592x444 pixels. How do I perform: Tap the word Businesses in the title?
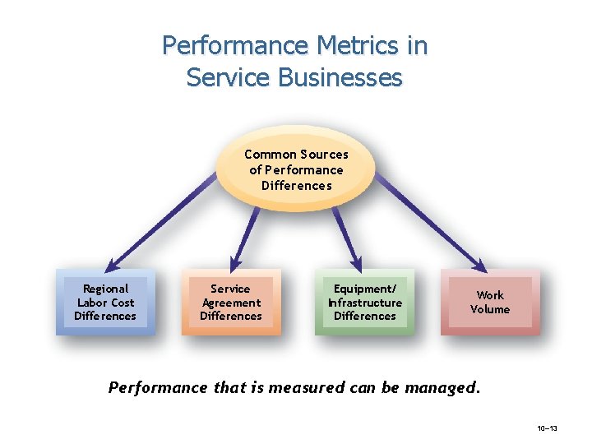click(341, 77)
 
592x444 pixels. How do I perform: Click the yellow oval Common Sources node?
click(296, 169)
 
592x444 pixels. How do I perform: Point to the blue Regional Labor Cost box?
click(105, 302)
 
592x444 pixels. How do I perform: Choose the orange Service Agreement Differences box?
click(231, 302)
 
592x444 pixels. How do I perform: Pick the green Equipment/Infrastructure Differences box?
click(365, 302)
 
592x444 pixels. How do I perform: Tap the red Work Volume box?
click(490, 302)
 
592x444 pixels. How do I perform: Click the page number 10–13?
click(548, 428)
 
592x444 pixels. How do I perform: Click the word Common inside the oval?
click(271, 155)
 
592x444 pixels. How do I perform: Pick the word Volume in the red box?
click(490, 309)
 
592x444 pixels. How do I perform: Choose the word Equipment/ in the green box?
click(365, 289)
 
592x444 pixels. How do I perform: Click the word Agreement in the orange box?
click(231, 303)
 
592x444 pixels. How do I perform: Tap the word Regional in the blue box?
click(106, 289)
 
